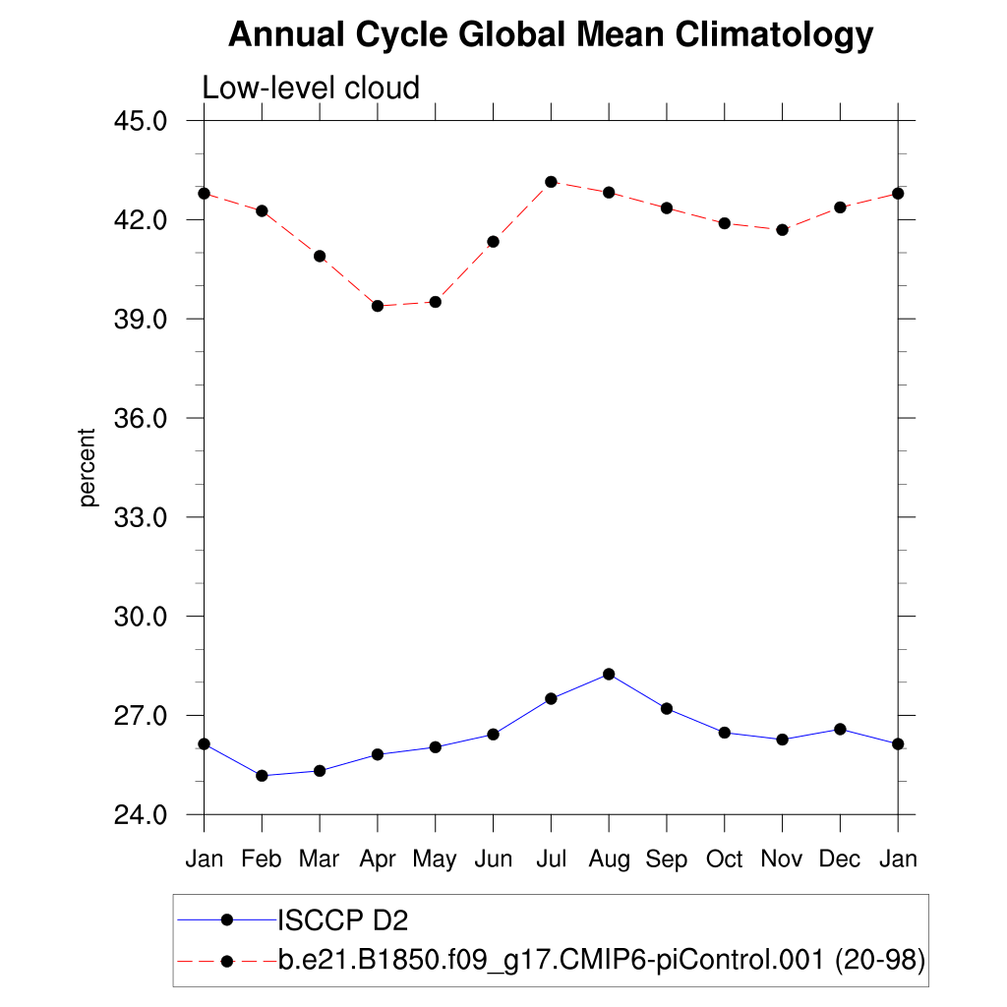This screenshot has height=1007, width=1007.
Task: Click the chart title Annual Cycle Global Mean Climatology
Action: click(x=551, y=35)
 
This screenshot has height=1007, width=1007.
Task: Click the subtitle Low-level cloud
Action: click(x=311, y=89)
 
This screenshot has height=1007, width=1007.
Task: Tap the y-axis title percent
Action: click(x=89, y=467)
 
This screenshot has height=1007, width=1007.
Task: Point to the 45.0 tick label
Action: click(x=142, y=121)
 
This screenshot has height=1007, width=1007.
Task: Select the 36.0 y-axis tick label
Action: click(x=142, y=418)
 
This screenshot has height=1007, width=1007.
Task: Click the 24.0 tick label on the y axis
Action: click(x=142, y=815)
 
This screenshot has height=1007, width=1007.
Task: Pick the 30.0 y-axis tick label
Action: click(x=142, y=617)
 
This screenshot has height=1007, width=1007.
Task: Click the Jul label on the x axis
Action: click(x=551, y=859)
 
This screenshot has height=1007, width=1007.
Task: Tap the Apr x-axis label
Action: click(x=378, y=859)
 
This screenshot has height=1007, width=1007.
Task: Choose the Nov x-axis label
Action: click(x=782, y=859)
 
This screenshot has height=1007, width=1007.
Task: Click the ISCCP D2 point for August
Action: click(x=609, y=674)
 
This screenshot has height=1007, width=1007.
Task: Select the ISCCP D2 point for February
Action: click(x=262, y=776)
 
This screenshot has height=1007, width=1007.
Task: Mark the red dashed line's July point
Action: click(x=551, y=182)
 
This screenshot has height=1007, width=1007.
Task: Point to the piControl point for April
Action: click(x=378, y=306)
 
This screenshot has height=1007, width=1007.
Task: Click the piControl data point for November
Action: click(x=782, y=230)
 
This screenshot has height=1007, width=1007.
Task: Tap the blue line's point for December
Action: click(x=840, y=729)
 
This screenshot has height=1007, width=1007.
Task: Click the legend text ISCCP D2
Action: click(x=343, y=920)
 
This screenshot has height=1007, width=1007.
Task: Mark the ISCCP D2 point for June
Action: click(x=493, y=734)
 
